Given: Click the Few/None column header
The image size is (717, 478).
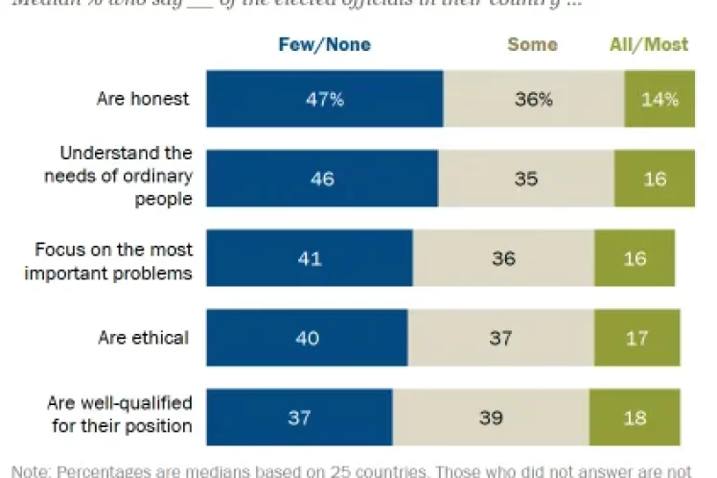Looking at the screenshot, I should tap(324, 44).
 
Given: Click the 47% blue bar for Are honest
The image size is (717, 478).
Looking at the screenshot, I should tap(324, 98).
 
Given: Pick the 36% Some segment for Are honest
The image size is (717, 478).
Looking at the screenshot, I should tap(533, 98).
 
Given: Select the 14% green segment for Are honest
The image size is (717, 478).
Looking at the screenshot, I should tap(659, 98).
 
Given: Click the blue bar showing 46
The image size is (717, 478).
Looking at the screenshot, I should tap(322, 178).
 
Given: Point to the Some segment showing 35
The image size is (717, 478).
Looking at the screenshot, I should tap(526, 178).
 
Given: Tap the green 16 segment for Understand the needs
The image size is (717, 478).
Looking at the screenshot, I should tap(655, 178).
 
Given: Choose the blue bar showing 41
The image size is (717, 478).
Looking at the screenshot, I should tap(310, 257).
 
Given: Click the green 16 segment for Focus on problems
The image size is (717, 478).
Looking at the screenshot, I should tap(635, 257).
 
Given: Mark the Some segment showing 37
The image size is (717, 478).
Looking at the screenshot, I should tap(500, 337).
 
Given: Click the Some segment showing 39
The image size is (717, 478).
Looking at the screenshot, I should tap(491, 417).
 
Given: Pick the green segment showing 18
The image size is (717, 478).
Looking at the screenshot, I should tap(635, 417).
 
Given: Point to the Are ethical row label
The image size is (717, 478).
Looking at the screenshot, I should tap(144, 337).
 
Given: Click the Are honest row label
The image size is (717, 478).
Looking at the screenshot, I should tap(144, 98).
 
